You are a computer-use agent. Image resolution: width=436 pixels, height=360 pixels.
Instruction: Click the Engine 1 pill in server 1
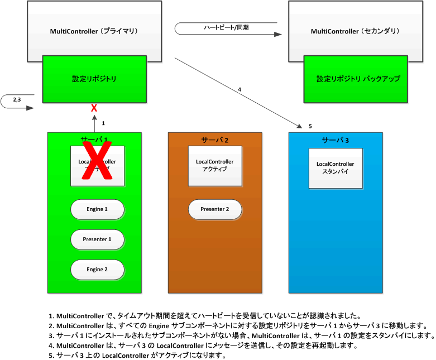97,209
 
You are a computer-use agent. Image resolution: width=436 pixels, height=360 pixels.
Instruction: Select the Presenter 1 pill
97,239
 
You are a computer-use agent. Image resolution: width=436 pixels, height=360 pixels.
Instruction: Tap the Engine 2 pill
97,270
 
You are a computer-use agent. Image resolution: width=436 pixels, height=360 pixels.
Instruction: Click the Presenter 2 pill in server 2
215,209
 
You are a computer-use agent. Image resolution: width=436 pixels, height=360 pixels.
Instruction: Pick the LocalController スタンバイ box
336,168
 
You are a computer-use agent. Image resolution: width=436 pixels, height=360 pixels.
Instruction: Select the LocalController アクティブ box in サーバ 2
215,166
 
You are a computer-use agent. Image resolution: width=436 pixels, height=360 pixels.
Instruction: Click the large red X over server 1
98,161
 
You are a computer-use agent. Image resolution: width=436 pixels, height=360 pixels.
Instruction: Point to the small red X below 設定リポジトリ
94,107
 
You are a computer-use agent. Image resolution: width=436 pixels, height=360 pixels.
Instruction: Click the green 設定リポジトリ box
94,79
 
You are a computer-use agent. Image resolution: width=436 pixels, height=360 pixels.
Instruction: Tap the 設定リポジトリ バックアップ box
358,79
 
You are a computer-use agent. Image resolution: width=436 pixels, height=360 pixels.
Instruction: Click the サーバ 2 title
215,140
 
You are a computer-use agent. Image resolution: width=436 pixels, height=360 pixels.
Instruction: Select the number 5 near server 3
310,126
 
